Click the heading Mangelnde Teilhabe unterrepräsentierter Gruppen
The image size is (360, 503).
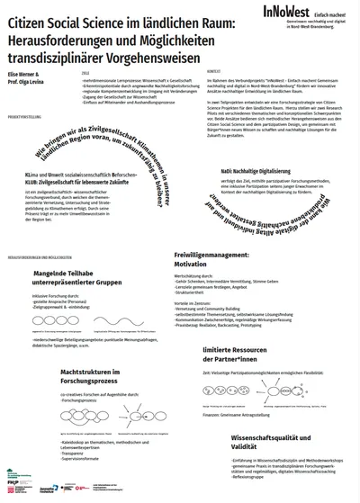(77, 278)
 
